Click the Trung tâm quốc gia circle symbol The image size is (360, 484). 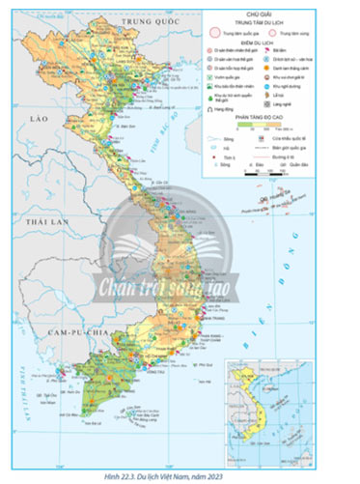click(x=217, y=32)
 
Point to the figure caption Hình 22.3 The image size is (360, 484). click(x=179, y=476)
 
